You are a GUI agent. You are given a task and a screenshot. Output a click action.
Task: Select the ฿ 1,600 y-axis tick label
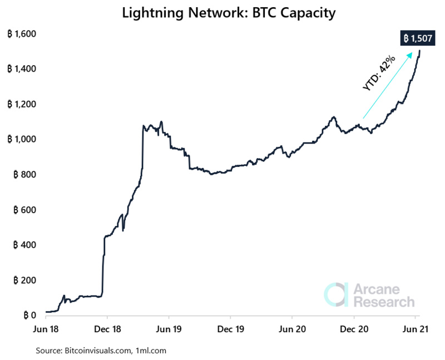(21, 34)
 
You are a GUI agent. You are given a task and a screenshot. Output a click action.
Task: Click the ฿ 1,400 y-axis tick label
(21, 69)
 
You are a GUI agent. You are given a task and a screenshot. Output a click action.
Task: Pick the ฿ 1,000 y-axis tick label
(21, 139)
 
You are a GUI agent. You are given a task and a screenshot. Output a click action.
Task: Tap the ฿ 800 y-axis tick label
(24, 175)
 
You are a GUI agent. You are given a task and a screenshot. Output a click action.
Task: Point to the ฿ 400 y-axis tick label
(24, 245)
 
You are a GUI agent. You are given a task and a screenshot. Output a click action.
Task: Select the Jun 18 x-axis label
(46, 329)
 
